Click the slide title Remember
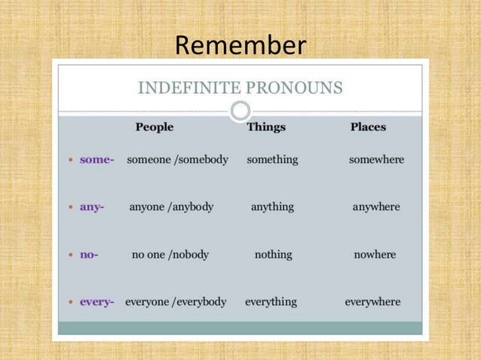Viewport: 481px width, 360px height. click(x=240, y=45)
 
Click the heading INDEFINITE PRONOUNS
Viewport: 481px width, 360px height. click(x=240, y=88)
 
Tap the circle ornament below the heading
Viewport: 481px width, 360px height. click(x=240, y=111)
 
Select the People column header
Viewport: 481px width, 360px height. click(x=155, y=127)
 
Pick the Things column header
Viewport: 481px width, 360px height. click(x=266, y=127)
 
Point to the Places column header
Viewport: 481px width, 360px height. click(x=368, y=127)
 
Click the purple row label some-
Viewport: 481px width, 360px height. click(x=97, y=160)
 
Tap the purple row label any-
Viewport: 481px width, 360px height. click(x=92, y=206)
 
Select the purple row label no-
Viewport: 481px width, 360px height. click(x=89, y=255)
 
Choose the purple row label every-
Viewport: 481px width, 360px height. click(x=97, y=302)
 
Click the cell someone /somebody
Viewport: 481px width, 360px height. click(x=177, y=160)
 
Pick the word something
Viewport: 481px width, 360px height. click(x=272, y=160)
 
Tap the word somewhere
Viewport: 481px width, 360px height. click(x=376, y=160)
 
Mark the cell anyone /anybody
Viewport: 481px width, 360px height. click(x=171, y=206)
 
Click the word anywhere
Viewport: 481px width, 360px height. click(x=376, y=206)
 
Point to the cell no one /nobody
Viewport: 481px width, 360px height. click(x=170, y=255)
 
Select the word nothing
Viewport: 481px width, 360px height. click(x=273, y=255)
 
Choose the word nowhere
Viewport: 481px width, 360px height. click(x=375, y=255)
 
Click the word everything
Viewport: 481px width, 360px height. click(x=271, y=302)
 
